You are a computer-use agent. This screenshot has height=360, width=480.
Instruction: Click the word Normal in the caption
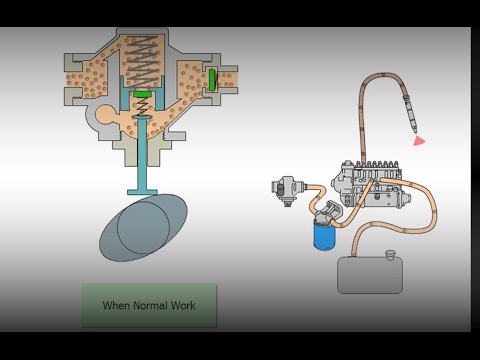pyautogui.click(x=150, y=305)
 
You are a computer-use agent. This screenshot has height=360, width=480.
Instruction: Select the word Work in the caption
pyautogui.click(x=183, y=305)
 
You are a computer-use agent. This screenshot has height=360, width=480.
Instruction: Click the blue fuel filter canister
pyautogui.click(x=324, y=236)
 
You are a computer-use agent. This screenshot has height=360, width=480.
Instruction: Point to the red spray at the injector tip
pyautogui.click(x=419, y=140)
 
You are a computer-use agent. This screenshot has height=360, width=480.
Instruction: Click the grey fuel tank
pyautogui.click(x=370, y=275)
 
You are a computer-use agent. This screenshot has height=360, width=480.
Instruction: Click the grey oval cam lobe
pyautogui.click(x=143, y=228)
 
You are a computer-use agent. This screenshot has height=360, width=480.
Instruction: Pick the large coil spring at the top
pyautogui.click(x=142, y=62)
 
